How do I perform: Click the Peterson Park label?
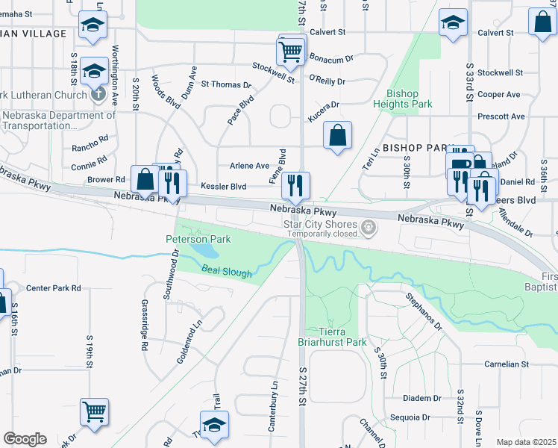pos(198,239)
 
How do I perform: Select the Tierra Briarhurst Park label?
pos(332,337)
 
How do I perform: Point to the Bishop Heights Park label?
pos(409,99)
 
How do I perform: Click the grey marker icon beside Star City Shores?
pos(367,227)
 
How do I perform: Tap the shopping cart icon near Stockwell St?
pos(289,52)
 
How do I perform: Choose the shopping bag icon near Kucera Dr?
pos(338,137)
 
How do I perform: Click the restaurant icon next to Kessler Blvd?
pos(297,184)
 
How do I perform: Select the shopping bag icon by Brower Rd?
pos(144,180)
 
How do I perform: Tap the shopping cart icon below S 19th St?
pos(94,412)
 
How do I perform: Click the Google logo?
pos(25,439)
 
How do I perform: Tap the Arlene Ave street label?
pos(249,166)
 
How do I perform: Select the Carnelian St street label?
pos(506,364)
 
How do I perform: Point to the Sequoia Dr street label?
pos(426,417)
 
